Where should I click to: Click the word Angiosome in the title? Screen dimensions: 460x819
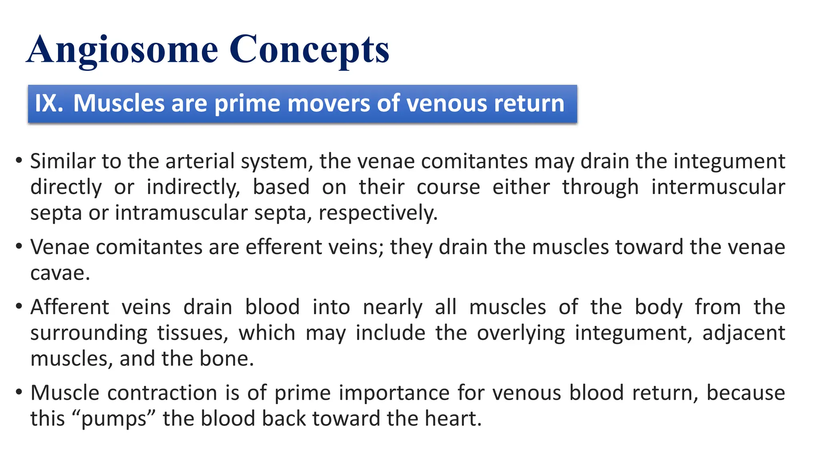122,50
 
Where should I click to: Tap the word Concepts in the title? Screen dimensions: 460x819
309,50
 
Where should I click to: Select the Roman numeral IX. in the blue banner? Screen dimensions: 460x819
49,103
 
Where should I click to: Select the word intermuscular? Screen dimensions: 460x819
718,187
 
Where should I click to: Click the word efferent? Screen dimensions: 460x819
284,247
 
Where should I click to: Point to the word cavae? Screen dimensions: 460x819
60,274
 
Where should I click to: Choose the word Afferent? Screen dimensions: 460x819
70,307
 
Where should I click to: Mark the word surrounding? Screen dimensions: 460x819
89,333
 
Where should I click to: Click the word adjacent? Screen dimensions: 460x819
743,333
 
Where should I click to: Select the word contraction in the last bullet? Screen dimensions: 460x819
162,393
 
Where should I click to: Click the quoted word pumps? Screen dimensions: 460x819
114,419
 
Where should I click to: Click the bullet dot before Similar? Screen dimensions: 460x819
19,161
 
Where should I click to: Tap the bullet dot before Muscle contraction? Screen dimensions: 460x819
19,393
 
